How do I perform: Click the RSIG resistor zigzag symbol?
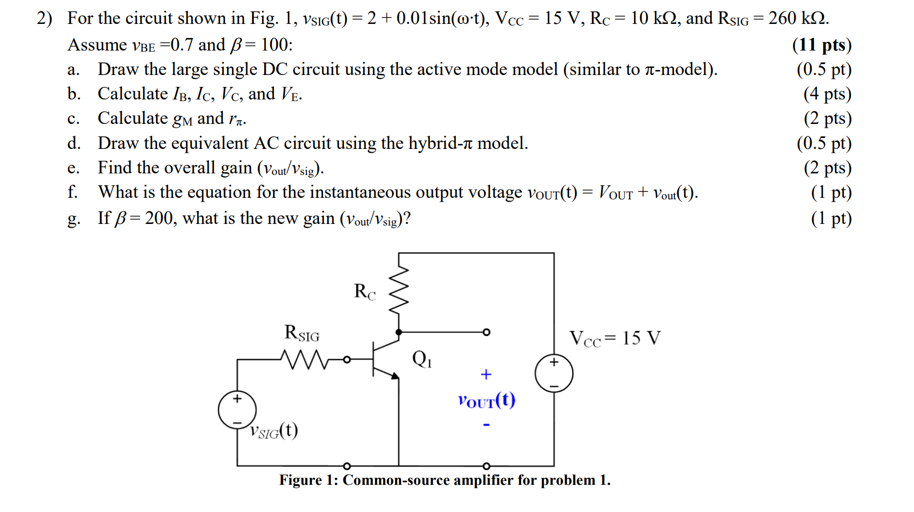click(x=305, y=359)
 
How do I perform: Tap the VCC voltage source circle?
click(x=554, y=373)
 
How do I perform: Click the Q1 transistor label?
click(x=422, y=359)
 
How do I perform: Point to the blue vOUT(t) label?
click(x=486, y=401)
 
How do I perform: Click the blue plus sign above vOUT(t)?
click(x=486, y=374)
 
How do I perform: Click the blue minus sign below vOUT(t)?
click(x=486, y=424)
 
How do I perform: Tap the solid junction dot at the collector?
click(x=399, y=332)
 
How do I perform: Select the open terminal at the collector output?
click(x=486, y=332)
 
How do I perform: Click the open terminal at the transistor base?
click(x=347, y=359)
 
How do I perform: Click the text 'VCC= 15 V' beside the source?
click(x=615, y=339)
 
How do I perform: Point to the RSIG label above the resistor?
click(x=302, y=333)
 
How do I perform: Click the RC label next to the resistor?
click(x=365, y=292)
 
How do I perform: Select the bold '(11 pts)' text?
click(x=822, y=45)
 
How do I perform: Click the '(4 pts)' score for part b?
click(x=827, y=94)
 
